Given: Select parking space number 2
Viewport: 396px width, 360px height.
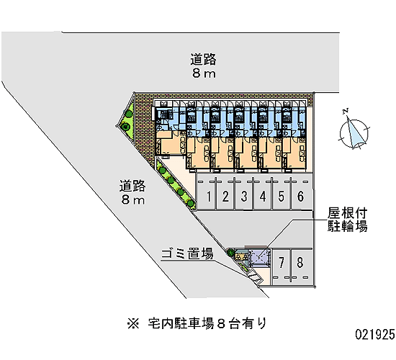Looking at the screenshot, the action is (x=225, y=197).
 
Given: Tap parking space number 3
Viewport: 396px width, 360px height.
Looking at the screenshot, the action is (x=244, y=197).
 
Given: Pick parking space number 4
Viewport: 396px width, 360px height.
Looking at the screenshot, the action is (x=263, y=197).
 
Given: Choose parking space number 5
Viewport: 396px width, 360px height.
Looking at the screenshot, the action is (x=282, y=197).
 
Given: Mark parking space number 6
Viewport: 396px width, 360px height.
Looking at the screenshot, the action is (x=300, y=197).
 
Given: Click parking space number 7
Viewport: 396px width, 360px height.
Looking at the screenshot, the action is (x=282, y=263).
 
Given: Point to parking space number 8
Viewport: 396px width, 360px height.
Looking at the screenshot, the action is (x=300, y=263).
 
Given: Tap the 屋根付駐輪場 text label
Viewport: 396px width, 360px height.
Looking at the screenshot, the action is (x=347, y=220).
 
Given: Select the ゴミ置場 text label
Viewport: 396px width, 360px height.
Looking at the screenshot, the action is (x=187, y=253).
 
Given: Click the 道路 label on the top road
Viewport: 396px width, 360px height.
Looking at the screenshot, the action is (x=203, y=60).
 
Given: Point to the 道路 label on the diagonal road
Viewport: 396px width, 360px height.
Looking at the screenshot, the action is (x=132, y=186).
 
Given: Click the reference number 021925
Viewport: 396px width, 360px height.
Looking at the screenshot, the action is (x=375, y=335).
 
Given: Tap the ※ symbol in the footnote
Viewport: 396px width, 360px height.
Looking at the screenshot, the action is (x=133, y=323).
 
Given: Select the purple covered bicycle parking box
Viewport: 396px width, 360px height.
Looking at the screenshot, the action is (x=258, y=258).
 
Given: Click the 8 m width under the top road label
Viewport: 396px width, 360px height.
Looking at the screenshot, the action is (x=204, y=73).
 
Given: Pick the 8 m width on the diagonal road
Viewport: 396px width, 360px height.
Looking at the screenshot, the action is (x=133, y=200).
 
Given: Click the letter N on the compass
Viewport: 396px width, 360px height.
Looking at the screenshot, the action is (x=346, y=111).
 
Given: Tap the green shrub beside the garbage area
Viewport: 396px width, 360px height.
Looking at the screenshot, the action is (x=230, y=252).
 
